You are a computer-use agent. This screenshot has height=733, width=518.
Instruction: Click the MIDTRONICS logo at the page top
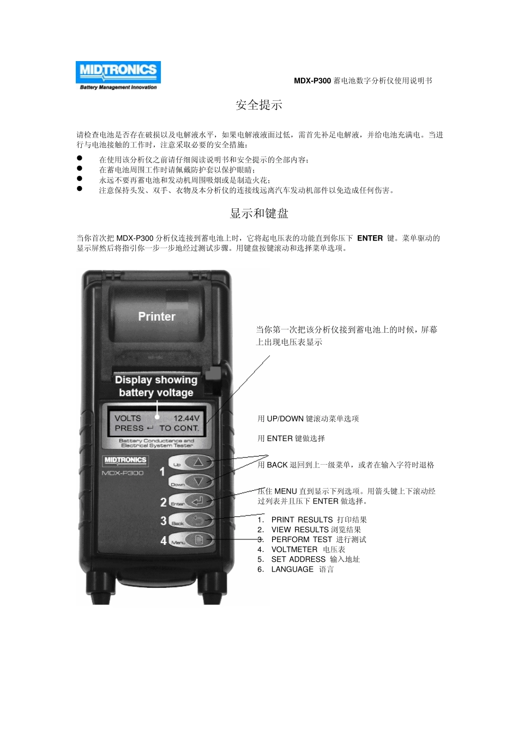(x=118, y=76)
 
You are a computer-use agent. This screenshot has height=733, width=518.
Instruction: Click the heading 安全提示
(x=259, y=105)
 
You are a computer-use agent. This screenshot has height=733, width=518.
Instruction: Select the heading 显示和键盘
(x=259, y=213)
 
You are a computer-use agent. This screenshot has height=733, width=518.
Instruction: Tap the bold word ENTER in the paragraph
(x=370, y=238)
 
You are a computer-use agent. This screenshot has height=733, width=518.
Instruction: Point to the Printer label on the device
(x=156, y=316)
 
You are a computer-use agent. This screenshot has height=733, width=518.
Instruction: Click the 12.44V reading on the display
(x=186, y=418)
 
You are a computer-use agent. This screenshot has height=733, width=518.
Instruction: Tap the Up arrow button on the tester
(x=191, y=462)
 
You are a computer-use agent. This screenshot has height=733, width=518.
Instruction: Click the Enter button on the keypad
(x=192, y=501)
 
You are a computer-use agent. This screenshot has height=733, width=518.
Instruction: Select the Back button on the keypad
(x=192, y=520)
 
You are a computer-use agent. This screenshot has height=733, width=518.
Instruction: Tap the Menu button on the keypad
(x=192, y=539)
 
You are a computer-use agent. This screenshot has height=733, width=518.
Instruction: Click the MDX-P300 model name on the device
(x=123, y=473)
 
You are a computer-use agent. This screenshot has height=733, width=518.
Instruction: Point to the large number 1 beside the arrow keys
(x=162, y=472)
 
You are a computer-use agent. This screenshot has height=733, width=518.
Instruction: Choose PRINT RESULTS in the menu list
(x=302, y=520)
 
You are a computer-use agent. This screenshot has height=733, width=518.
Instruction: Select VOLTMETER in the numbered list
(x=294, y=549)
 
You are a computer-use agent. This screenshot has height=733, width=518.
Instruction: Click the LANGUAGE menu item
(x=292, y=569)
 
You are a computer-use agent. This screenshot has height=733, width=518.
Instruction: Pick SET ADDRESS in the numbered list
(x=298, y=559)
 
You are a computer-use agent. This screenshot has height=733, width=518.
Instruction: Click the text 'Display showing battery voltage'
(x=156, y=386)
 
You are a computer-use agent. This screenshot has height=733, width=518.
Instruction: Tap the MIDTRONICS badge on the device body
(x=125, y=460)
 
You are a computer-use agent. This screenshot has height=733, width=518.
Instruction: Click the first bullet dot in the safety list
(x=80, y=158)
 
